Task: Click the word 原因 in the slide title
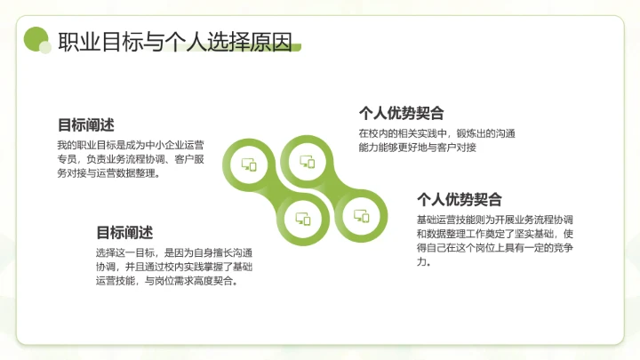[272, 42]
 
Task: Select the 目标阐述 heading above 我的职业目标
[85, 125]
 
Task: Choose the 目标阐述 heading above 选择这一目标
[124, 233]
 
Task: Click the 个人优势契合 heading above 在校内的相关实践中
[401, 113]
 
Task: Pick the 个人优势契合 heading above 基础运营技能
[460, 199]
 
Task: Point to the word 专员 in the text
[66, 159]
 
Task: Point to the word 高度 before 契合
[212, 281]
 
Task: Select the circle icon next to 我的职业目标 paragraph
[250, 164]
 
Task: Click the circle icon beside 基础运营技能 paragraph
[361, 215]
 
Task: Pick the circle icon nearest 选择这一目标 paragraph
[303, 219]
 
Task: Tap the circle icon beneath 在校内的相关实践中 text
[308, 162]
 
